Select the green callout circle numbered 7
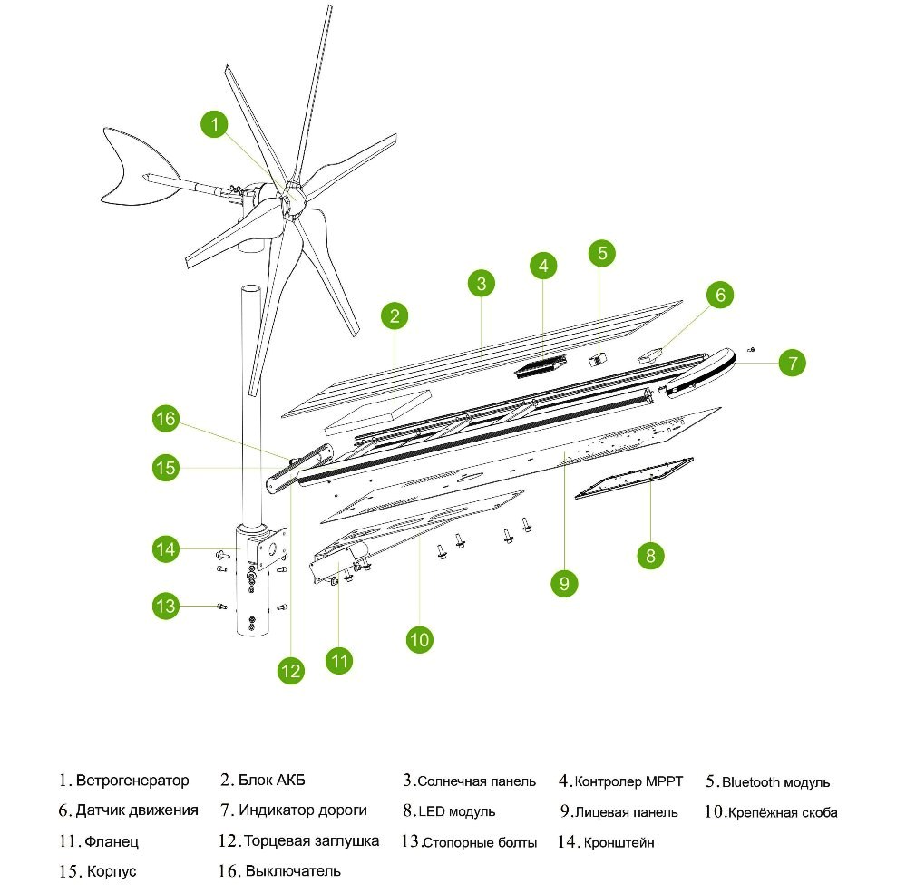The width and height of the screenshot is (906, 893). (x=792, y=364)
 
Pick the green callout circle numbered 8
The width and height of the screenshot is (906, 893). (x=650, y=555)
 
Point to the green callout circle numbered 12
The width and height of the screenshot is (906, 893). (x=290, y=671)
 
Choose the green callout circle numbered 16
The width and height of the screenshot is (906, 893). (x=165, y=420)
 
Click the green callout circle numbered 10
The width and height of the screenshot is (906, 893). (x=419, y=640)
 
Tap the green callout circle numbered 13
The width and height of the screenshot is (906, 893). (x=166, y=606)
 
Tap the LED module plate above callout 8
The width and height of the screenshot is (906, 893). (x=634, y=477)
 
